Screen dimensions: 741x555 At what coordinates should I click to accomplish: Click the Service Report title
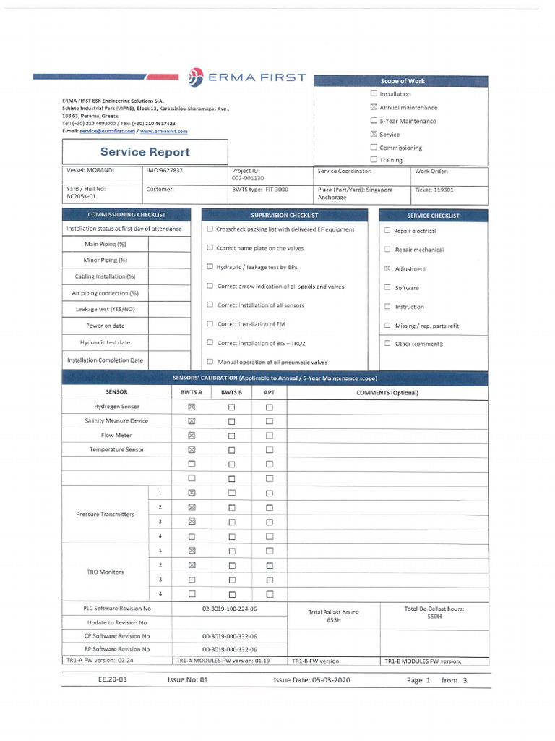[x=145, y=152]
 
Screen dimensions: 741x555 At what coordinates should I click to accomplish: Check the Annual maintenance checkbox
[x=374, y=107]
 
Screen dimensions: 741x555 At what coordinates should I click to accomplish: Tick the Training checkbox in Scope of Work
[x=374, y=160]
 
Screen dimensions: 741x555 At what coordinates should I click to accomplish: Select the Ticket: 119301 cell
[x=434, y=190]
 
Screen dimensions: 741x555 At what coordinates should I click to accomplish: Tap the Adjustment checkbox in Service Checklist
[x=387, y=268]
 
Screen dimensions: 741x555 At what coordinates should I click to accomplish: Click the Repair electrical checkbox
[x=387, y=231]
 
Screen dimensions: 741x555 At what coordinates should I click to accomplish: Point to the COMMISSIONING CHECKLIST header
[x=126, y=215]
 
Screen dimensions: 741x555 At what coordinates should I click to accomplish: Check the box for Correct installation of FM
[x=210, y=324]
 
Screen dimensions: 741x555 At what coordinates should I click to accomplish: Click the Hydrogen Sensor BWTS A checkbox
[x=192, y=407]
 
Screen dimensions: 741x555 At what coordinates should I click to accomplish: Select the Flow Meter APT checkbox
[x=269, y=436]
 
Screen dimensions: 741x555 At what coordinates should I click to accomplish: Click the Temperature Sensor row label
[x=116, y=449]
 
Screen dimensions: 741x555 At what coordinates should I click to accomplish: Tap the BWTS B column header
[x=231, y=392]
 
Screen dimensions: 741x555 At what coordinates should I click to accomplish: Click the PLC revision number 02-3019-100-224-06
[x=229, y=609]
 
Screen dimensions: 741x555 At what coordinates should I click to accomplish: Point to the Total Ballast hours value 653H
[x=333, y=620]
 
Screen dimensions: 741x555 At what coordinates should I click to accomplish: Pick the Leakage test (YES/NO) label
[x=105, y=309]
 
